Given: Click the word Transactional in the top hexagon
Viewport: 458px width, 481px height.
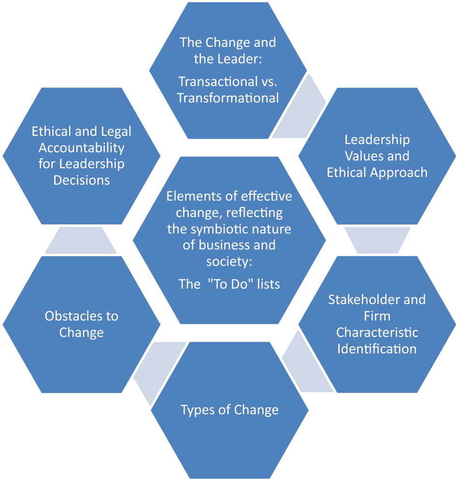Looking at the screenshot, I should click(x=210, y=81).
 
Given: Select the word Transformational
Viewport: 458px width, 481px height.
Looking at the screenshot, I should click(x=228, y=98).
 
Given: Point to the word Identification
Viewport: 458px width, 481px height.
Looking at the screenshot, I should click(x=377, y=349).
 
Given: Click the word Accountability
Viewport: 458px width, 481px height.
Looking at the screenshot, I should click(x=82, y=147).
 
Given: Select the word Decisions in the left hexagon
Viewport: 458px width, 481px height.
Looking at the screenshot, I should click(x=82, y=180).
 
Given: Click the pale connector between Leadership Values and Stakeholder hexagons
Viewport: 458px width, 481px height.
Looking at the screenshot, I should click(x=377, y=240).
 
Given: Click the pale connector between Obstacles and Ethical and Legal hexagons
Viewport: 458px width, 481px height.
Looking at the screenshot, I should click(x=81, y=240).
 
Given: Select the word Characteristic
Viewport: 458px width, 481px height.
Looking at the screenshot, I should click(x=377, y=333).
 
